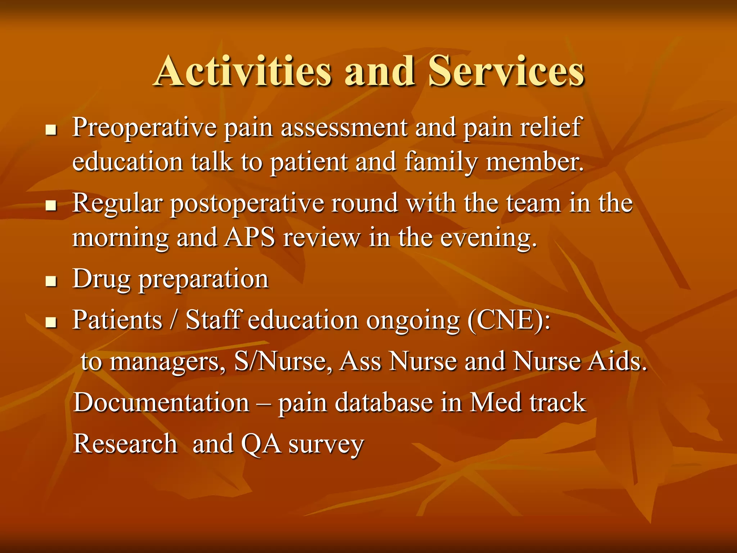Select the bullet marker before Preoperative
(x=51, y=130)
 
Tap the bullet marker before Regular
(x=51, y=206)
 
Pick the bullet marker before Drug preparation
(x=51, y=281)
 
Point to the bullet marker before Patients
(x=51, y=322)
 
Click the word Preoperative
(x=144, y=128)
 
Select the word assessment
(x=344, y=128)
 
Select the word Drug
(x=101, y=279)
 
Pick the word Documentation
(x=161, y=402)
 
